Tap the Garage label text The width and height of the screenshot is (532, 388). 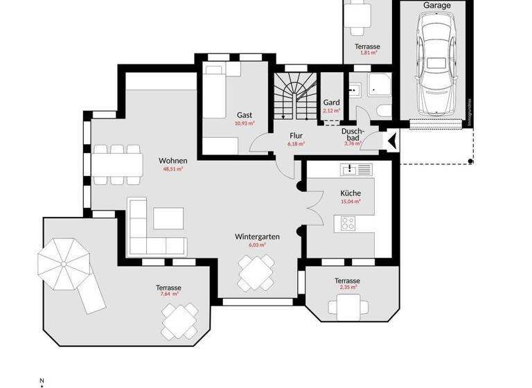coord(436,6)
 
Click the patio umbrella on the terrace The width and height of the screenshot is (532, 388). coord(64,263)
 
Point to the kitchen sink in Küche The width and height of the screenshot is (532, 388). coord(355,169)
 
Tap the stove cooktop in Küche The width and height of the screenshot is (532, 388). coord(348,223)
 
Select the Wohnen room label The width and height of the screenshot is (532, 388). coord(173,161)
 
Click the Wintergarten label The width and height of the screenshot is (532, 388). coord(257,236)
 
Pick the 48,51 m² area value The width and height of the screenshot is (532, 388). coord(173,169)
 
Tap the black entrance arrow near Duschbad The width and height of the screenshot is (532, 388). coord(391,141)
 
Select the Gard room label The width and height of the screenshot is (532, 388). coord(332,103)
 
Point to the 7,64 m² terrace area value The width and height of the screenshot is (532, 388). coord(169,294)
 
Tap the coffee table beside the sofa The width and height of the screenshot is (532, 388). coord(169,218)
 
